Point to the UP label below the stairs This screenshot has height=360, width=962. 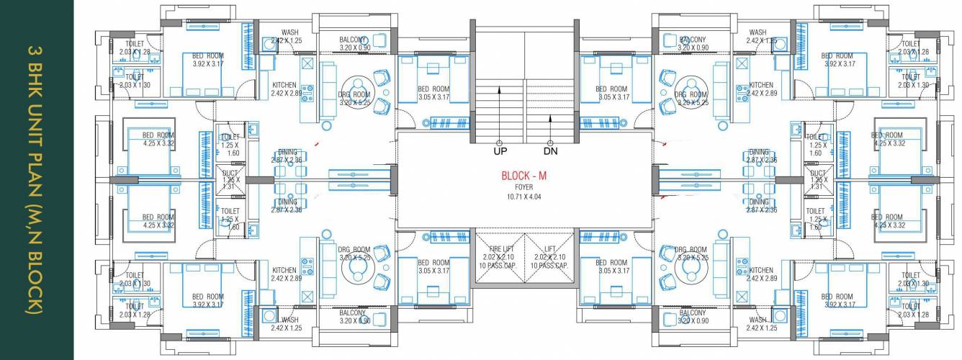[500, 152]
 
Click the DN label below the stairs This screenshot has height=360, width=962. [550, 152]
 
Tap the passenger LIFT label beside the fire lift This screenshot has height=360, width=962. [550, 248]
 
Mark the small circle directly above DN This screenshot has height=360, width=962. [550, 143]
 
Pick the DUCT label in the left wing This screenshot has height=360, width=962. [230, 174]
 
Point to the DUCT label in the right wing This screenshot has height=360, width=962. [817, 174]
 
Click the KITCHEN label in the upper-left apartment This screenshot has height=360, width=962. [284, 85]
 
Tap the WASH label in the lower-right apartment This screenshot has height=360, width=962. [758, 320]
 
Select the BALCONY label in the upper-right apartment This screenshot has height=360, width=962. [692, 40]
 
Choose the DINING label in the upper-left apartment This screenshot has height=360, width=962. [287, 152]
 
